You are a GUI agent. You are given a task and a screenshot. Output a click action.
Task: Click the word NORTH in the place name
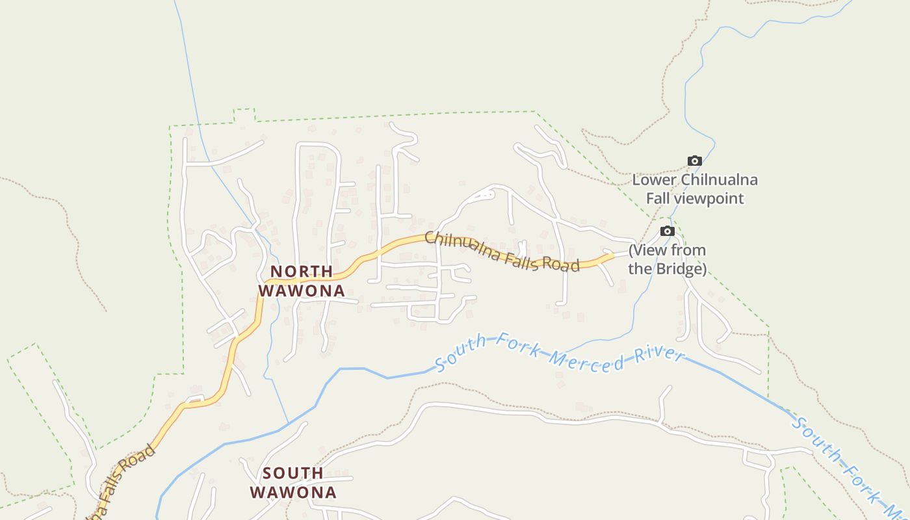[x=302, y=271]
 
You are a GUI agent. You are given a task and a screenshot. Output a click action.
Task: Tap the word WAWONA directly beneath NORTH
[x=302, y=291]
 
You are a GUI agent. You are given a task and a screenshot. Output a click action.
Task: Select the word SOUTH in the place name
[x=293, y=473]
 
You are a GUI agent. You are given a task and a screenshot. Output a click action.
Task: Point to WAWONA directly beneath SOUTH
[x=293, y=492]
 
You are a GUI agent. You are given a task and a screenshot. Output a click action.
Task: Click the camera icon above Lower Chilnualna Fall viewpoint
[x=695, y=161]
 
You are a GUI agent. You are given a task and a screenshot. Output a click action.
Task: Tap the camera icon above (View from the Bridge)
[x=668, y=231]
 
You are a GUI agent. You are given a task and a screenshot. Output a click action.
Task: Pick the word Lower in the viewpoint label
[x=655, y=180]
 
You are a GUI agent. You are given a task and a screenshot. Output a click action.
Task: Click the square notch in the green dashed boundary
[x=244, y=116]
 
